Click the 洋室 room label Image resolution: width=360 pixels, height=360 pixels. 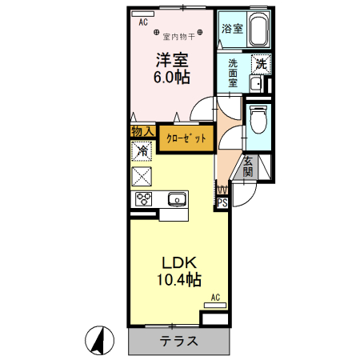(172, 60)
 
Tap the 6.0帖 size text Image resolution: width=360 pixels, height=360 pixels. (172, 78)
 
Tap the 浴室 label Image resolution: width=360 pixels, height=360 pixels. (232, 29)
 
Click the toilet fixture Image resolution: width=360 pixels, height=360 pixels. (257, 121)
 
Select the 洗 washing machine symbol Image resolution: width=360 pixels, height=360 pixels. (260, 63)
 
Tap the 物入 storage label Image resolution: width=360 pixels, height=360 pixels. (142, 130)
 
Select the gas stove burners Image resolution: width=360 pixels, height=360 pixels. (144, 199)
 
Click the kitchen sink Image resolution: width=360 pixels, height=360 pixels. (176, 199)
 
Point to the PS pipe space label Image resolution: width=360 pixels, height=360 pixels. (222, 202)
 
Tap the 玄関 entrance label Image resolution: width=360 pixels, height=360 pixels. (248, 166)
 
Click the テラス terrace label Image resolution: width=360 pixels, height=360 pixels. (178, 341)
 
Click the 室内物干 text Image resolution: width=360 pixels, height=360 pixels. (177, 36)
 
